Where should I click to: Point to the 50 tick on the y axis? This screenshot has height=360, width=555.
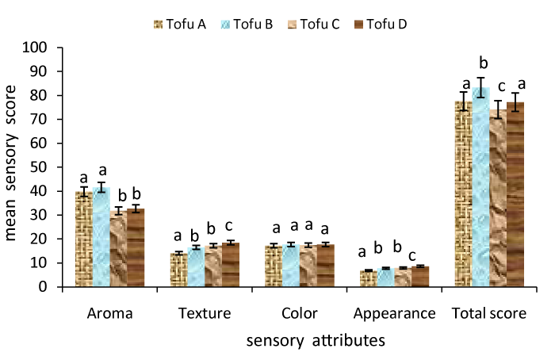pos(39,167)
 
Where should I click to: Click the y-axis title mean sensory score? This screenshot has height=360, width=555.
pos(14,167)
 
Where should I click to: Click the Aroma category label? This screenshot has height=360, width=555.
pos(109,313)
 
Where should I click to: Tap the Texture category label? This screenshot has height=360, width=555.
pos(205,313)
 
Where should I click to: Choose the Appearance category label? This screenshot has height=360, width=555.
pos(394,313)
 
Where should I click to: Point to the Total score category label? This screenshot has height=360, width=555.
pos(489,313)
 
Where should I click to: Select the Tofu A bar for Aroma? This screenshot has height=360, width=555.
pos(83,239)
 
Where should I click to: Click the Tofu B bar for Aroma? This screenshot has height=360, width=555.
pos(101,237)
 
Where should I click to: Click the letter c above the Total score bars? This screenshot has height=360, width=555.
pos(500,87)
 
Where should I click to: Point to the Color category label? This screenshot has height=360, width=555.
pos(299,313)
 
